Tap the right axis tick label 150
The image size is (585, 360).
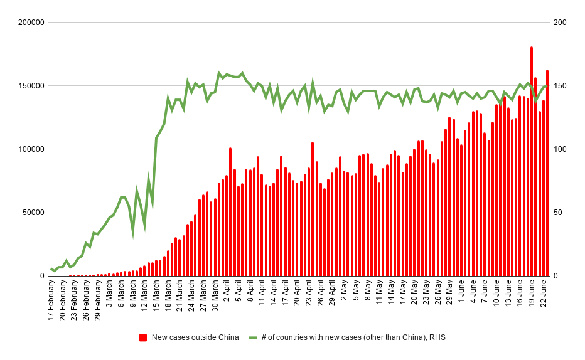559,86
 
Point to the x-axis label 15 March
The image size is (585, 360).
156,297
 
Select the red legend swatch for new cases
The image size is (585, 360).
144,337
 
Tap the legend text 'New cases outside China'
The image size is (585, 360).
195,337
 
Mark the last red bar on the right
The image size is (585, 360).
547,173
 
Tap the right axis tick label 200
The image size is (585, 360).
559,23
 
